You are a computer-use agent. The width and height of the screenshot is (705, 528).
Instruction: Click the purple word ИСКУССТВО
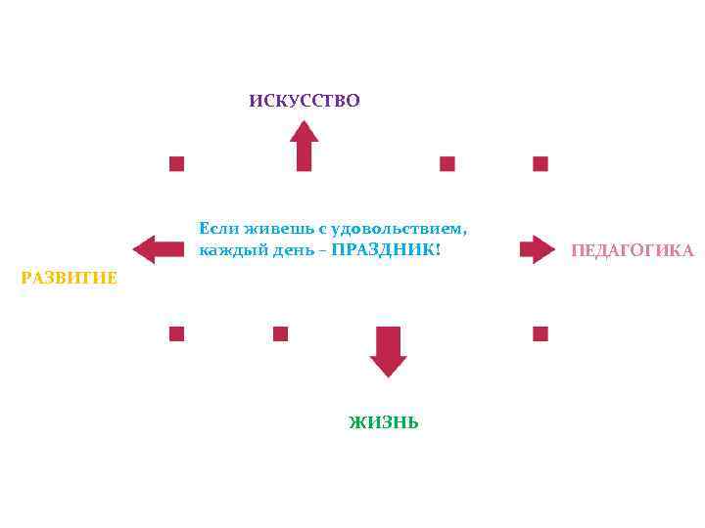coord(305,101)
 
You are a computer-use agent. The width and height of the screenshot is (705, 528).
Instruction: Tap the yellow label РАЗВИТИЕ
coord(70,279)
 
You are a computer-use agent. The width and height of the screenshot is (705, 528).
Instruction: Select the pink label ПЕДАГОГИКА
coord(633,251)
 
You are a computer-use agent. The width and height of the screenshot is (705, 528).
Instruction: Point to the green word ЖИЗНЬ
coord(384,422)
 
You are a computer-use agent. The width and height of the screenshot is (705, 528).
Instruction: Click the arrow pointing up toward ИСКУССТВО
coord(305,146)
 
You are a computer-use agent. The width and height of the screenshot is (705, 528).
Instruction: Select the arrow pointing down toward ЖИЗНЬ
coord(389,351)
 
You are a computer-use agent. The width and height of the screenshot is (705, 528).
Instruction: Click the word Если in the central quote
coord(214,228)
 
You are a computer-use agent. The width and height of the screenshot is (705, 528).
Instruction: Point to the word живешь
coord(271,228)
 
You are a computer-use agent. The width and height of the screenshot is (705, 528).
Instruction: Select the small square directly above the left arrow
coord(176,163)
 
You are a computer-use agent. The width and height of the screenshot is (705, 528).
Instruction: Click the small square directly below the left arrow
coord(176,333)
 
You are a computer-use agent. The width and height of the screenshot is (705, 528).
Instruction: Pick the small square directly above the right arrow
coord(540,163)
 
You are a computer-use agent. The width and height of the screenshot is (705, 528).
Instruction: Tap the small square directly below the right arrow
coord(540,333)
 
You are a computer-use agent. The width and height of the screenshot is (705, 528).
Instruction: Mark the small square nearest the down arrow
coord(281,333)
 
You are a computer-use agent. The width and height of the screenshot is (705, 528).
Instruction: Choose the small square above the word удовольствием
coord(447,163)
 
